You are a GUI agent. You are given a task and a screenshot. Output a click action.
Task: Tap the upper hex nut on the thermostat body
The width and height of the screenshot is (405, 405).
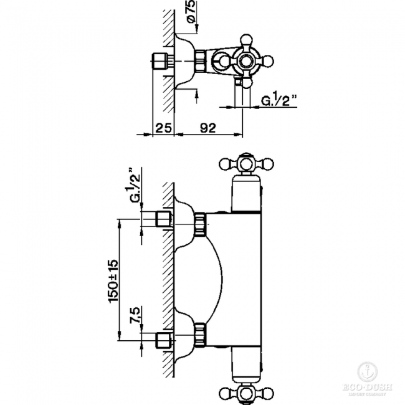[200, 224]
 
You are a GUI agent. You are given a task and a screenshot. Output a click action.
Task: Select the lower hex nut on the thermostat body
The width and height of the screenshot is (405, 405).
[200, 333]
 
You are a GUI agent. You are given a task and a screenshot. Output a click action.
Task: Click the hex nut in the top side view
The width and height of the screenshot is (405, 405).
[200, 62]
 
